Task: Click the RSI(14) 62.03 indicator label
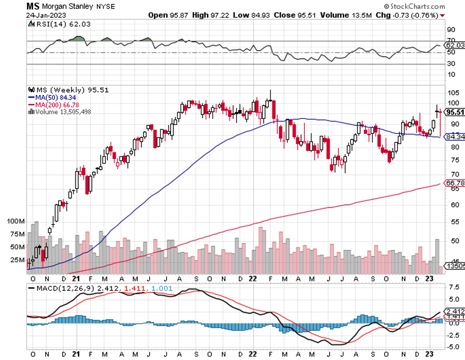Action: (x=52, y=24)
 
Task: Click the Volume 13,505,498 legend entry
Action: (x=62, y=112)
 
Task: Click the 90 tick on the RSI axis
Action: (x=450, y=30)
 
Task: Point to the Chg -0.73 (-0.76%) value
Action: (x=407, y=15)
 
